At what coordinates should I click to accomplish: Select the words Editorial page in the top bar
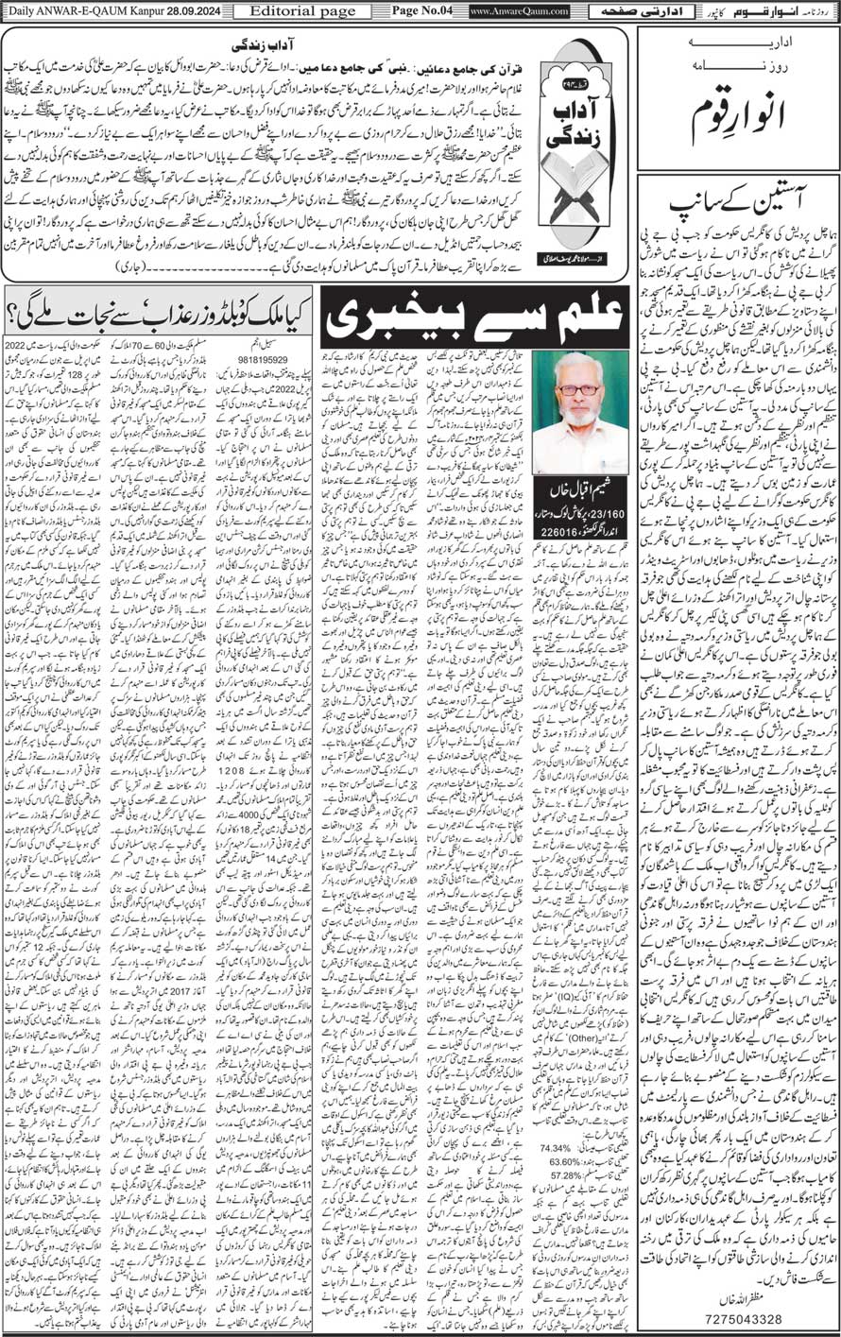coord(283,10)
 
